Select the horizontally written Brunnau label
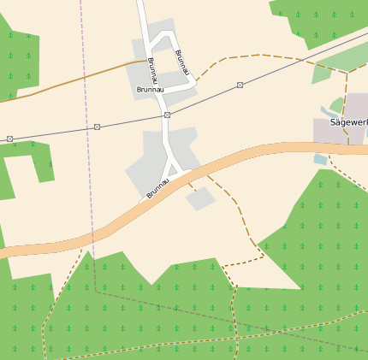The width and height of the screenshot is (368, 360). (149, 89)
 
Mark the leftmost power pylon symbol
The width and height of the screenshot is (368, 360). (9, 139)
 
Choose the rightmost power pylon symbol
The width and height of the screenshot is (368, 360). (240, 85)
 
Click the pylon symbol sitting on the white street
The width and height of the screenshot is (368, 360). (167, 115)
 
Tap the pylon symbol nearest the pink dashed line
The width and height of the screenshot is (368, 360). (97, 127)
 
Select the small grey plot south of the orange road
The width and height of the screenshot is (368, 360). (200, 199)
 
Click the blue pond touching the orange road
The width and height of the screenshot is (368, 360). (320, 159)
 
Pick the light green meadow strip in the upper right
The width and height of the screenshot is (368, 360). (342, 62)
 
